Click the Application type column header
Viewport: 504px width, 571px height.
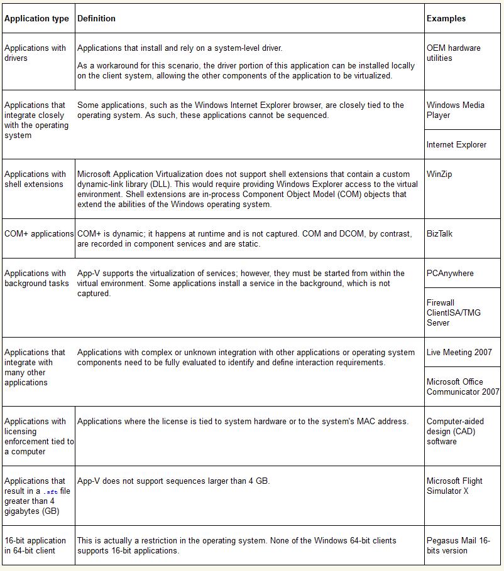36,19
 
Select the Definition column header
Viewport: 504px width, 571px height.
96,19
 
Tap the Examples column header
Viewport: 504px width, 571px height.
446,19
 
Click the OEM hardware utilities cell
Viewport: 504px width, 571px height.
453,53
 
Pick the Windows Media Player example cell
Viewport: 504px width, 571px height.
455,110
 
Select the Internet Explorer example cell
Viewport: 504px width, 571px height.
456,145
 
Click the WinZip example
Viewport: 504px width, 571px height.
439,174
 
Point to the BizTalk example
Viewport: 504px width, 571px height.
439,234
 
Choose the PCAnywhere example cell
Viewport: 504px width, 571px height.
450,274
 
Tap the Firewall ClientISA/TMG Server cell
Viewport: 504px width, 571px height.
454,312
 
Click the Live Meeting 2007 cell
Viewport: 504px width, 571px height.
459,353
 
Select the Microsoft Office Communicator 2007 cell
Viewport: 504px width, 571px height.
463,387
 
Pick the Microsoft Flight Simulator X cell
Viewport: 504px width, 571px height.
454,486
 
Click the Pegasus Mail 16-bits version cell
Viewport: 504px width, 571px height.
457,546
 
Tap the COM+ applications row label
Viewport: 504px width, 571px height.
39,234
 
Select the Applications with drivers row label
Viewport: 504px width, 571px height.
35,53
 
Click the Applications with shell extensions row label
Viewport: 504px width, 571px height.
35,179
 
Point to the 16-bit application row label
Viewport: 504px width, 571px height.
35,546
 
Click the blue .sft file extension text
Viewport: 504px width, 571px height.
51,492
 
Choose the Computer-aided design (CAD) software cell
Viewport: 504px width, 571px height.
455,432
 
